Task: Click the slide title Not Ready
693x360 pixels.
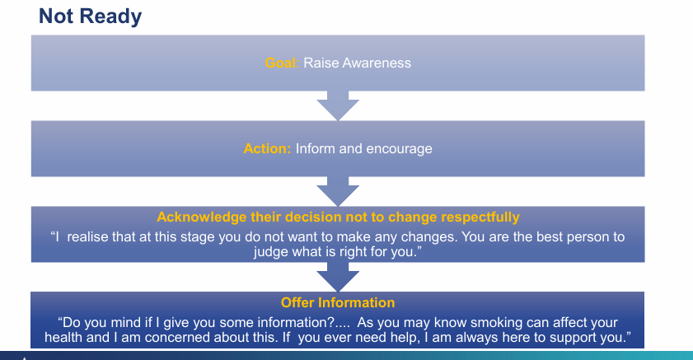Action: [91, 16]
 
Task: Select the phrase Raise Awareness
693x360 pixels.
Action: [357, 63]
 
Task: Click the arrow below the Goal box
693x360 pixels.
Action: [338, 105]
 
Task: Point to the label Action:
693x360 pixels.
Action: [267, 149]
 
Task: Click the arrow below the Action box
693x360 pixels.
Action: [338, 191]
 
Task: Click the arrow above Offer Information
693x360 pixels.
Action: [338, 276]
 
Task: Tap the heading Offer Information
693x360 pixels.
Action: [338, 303]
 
